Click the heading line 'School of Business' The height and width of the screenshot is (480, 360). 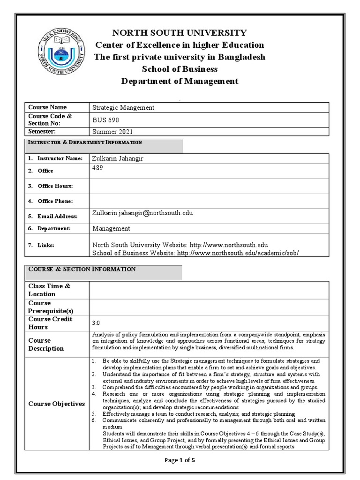(x=180, y=69)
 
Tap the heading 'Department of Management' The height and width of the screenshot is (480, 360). (x=180, y=81)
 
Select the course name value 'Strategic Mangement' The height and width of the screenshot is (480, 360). (x=123, y=107)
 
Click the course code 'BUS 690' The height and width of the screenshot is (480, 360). (x=103, y=120)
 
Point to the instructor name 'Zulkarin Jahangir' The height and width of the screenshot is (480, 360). (x=118, y=158)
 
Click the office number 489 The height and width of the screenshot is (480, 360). (x=97, y=167)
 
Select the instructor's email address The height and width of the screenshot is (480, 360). (x=142, y=213)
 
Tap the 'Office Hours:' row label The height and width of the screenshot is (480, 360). (x=55, y=186)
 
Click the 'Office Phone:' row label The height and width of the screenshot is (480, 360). (x=55, y=201)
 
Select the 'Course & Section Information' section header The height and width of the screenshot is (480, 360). (x=82, y=269)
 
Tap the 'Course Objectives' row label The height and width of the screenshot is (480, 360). (x=57, y=404)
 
